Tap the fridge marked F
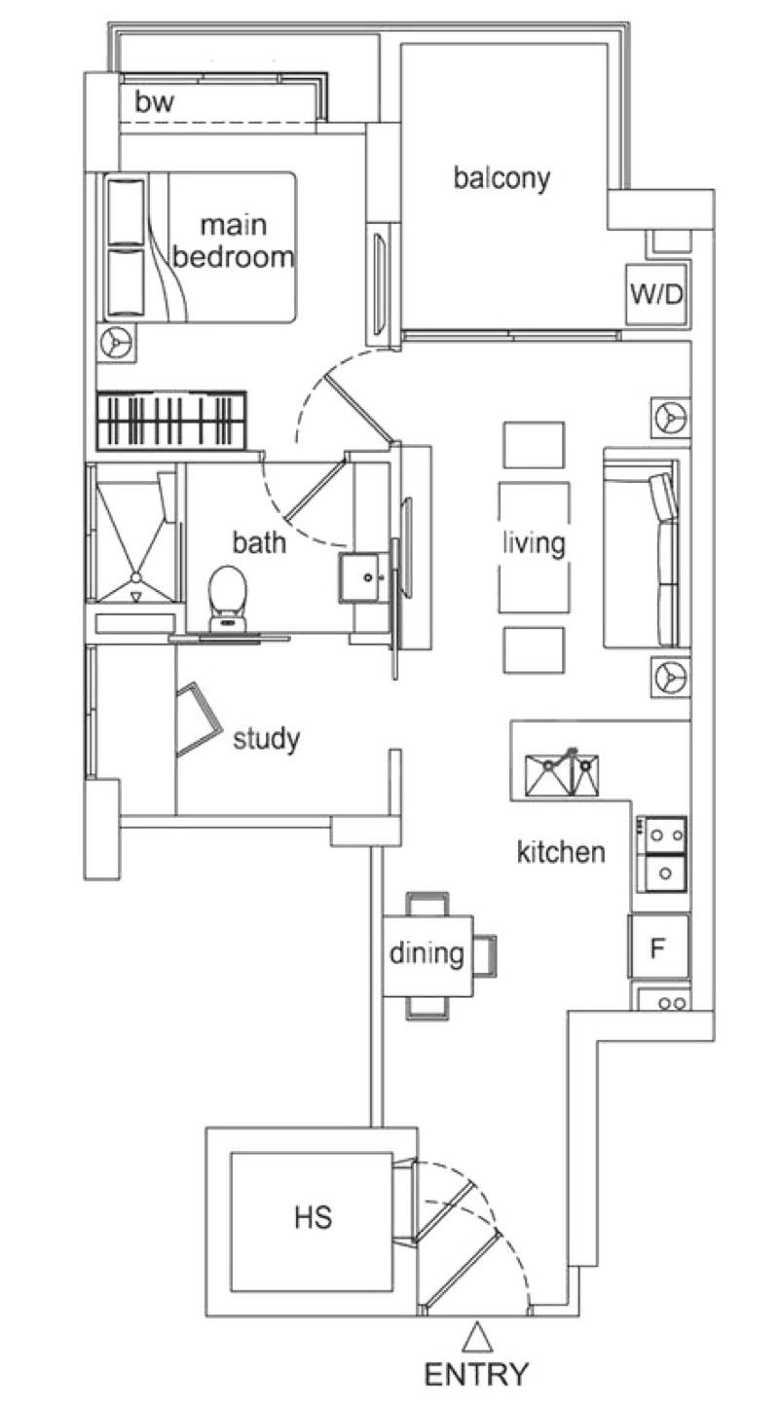coord(659,946)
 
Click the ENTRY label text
coord(477,1374)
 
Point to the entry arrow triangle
coord(477,1336)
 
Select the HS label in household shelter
coord(313,1217)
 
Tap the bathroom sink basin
coord(366,578)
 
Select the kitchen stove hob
coord(663,853)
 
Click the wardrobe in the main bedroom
coord(171,421)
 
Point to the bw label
coord(154,102)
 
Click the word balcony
coord(501,178)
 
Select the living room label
coord(533,542)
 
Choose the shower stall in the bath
coord(135,536)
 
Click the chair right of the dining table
coord(484,953)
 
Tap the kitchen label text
coord(560,853)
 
